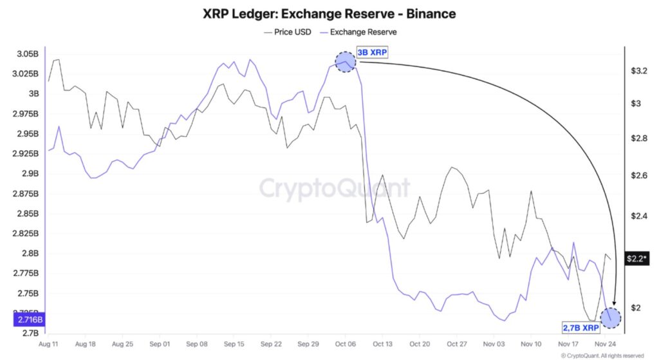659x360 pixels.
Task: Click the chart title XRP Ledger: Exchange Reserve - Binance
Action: [329, 13]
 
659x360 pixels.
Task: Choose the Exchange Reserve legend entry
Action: [364, 31]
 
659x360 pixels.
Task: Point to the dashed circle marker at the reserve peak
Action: [346, 61]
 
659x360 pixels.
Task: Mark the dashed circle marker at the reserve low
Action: [610, 317]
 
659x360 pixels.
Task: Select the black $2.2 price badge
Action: [636, 259]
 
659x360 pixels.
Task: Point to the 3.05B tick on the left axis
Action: [26, 54]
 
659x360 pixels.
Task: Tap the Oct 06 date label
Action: [345, 345]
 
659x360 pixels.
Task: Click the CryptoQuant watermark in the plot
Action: [334, 188]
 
